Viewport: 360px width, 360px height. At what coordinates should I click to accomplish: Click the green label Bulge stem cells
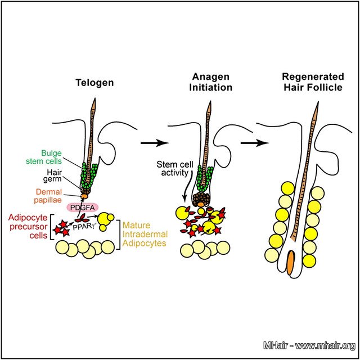55,156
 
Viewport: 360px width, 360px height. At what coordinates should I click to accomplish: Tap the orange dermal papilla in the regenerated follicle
290,263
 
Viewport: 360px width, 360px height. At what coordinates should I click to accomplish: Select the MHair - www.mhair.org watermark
309,345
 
